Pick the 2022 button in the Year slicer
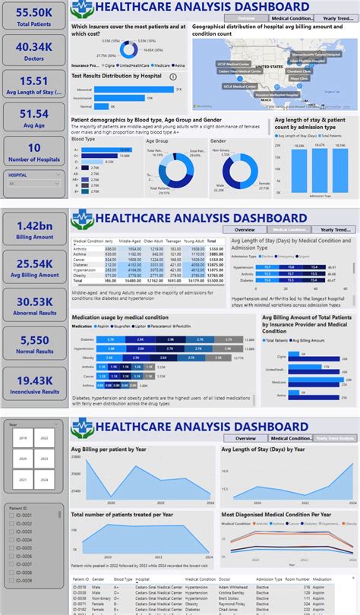click(43, 439)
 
